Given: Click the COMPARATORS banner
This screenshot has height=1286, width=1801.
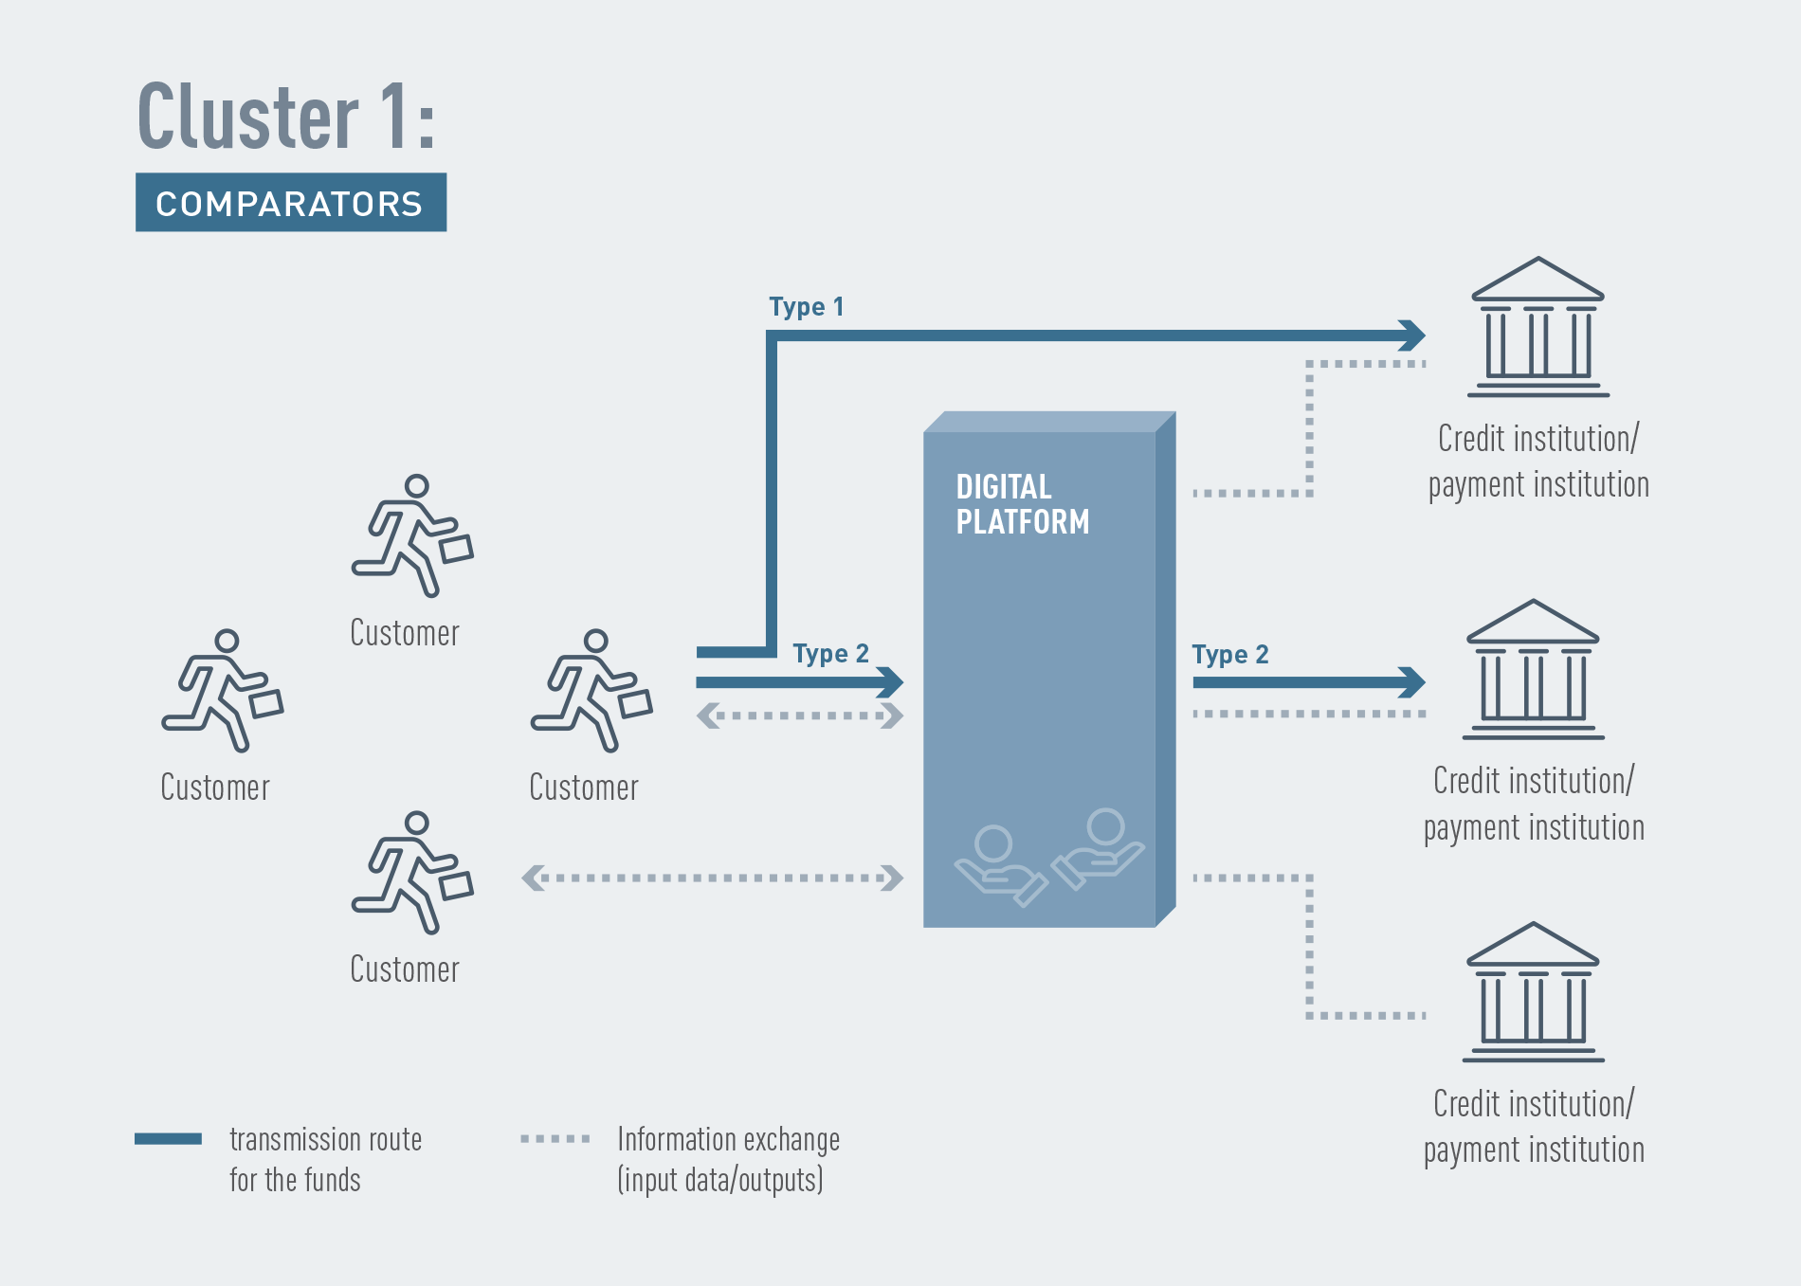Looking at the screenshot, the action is tap(291, 202).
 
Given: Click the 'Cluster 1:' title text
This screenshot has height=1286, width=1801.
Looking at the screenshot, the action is tap(286, 116).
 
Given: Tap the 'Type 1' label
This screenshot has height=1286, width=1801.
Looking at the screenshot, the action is tap(807, 307).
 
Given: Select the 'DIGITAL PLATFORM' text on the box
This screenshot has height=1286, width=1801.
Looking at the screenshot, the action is tap(1023, 504).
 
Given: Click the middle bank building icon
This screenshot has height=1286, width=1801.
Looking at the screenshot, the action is tap(1534, 669).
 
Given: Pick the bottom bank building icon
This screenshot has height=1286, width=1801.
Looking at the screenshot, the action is tap(1534, 992).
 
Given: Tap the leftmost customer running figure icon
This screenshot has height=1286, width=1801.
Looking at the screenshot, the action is tap(222, 690).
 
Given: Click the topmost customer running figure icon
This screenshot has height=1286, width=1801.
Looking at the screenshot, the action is tap(412, 535).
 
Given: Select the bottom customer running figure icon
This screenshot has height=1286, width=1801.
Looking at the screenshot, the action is tap(412, 873).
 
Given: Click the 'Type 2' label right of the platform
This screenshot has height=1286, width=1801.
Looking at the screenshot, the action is tap(1230, 655).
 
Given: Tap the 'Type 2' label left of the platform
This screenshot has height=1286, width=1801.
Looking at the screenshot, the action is tap(831, 654).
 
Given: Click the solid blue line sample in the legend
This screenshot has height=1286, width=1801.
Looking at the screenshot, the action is tap(168, 1138).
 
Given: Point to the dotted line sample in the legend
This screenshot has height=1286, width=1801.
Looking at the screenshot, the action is tap(555, 1138).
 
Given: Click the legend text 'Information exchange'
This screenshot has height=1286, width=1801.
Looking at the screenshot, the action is tap(729, 1139).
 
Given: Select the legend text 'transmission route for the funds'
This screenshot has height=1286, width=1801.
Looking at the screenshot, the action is tap(325, 1159).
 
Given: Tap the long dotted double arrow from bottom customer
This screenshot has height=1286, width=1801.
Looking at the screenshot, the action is tap(713, 878).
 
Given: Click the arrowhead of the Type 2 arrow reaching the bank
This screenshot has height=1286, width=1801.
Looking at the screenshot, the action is tap(1411, 682).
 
